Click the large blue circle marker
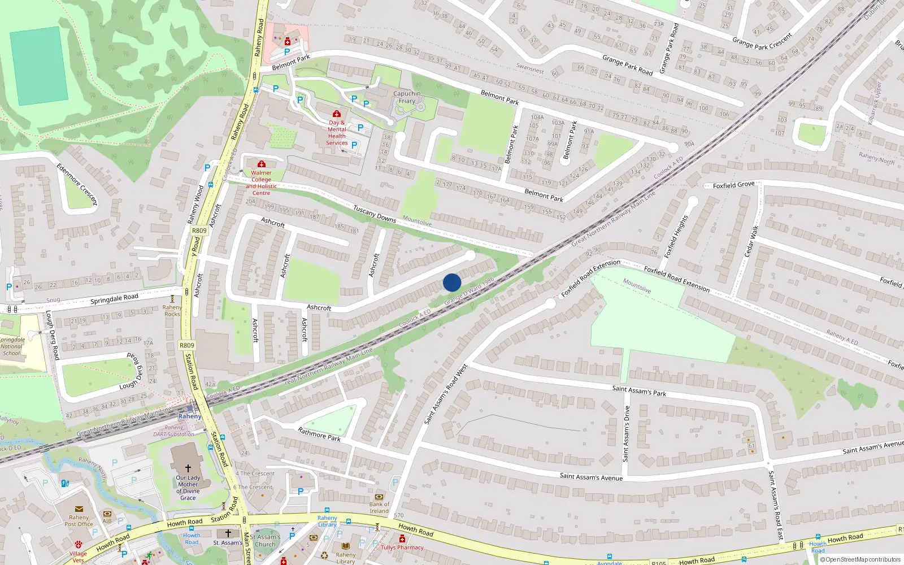(x=452, y=282)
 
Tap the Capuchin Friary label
(x=407, y=97)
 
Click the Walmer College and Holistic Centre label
(x=261, y=182)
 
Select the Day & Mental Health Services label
(x=337, y=133)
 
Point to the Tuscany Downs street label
(x=375, y=214)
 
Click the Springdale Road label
(x=114, y=298)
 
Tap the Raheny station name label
(x=190, y=416)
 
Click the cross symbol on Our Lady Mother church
(x=188, y=468)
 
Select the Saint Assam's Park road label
(x=639, y=390)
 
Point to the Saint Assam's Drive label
(x=626, y=433)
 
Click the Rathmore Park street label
(x=319, y=434)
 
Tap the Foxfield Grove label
(x=733, y=185)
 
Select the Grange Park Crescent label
(x=762, y=41)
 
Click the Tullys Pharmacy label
(x=402, y=547)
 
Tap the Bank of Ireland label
(x=379, y=507)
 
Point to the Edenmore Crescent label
(x=77, y=184)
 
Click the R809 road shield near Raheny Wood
(x=199, y=231)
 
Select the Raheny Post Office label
(x=79, y=520)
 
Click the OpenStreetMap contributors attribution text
(x=863, y=559)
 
